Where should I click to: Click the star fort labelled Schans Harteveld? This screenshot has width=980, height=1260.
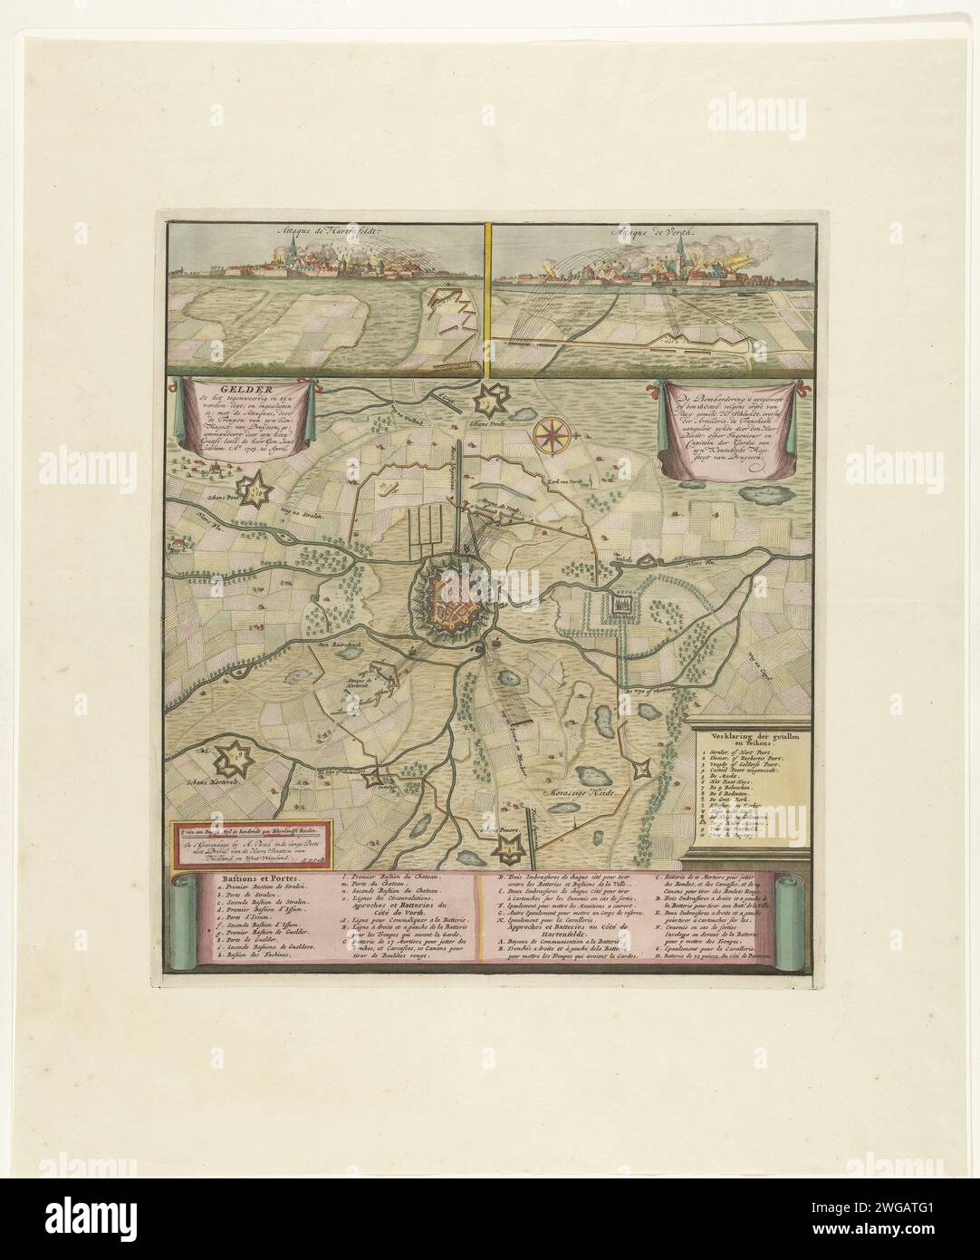(237, 751)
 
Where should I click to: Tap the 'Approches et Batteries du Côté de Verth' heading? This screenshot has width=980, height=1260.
(406, 932)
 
